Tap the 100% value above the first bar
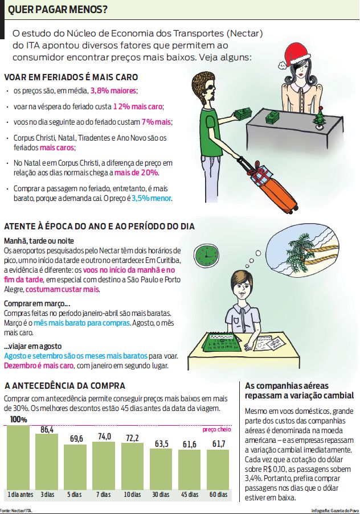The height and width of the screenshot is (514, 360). tap(18, 420)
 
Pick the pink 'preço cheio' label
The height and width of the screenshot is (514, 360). tap(216, 429)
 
